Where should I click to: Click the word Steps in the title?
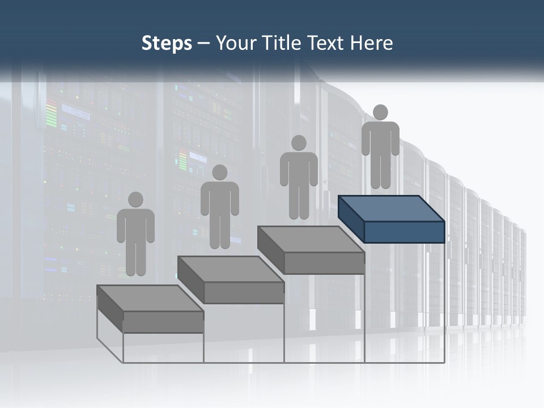tap(167, 43)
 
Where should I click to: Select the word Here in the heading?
tap(372, 43)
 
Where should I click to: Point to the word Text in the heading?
tap(329, 43)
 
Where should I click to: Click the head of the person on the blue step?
tap(380, 112)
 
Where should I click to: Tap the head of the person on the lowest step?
tap(135, 199)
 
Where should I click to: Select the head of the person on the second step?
tap(219, 172)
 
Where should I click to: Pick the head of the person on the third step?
tap(299, 143)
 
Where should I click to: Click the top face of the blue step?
tap(391, 209)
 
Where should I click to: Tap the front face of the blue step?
tap(404, 232)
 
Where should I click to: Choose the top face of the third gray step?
tap(311, 239)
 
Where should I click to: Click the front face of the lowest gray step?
tap(163, 322)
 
